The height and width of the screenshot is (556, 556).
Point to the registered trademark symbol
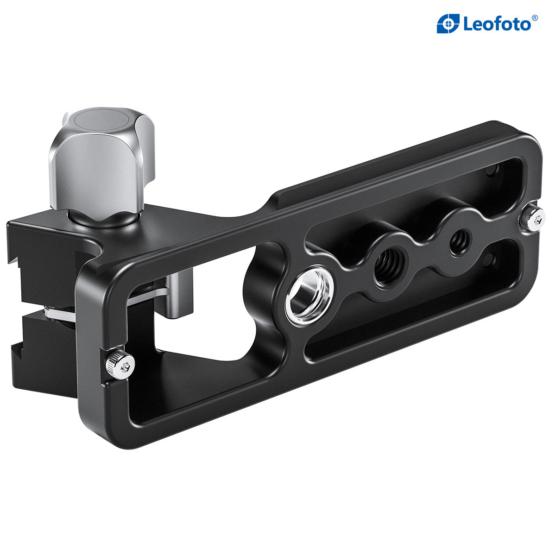(x=535, y=18)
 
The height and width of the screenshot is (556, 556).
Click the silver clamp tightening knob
(x=100, y=167)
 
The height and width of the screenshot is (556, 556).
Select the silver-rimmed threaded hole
(x=310, y=294)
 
